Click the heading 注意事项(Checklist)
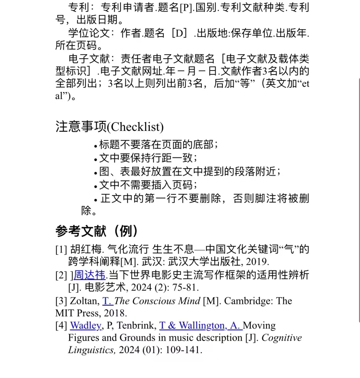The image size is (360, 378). point(109,127)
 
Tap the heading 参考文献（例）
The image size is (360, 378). point(97,231)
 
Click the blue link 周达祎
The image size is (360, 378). point(89,275)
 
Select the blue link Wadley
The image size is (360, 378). point(86,325)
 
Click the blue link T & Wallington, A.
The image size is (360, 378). point(200,325)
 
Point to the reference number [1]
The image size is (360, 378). point(61,249)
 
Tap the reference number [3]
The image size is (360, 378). point(61,301)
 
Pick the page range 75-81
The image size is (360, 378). point(187,287)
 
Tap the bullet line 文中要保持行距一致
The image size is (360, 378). point(148,158)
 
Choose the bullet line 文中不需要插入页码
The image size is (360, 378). point(148,185)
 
